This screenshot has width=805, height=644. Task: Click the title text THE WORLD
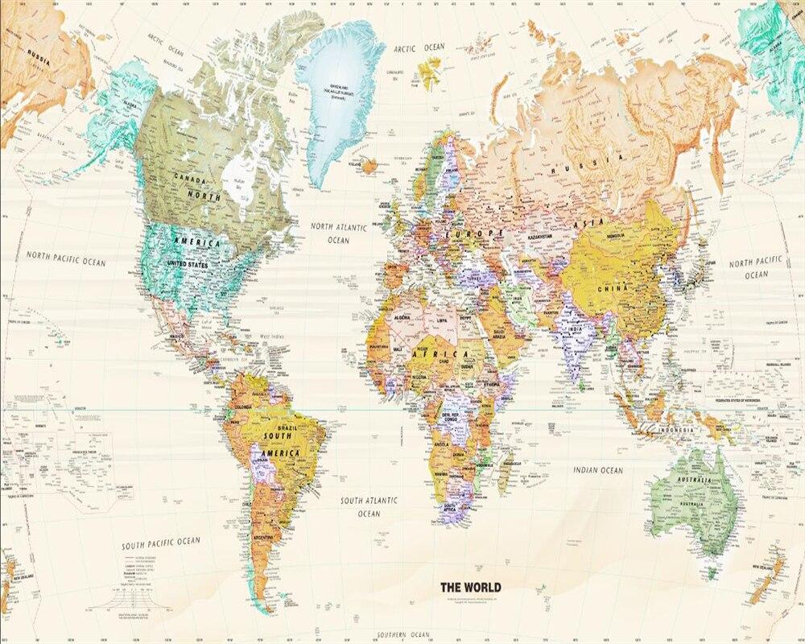pyautogui.click(x=470, y=587)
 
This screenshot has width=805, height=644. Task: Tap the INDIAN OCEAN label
pyautogui.click(x=597, y=470)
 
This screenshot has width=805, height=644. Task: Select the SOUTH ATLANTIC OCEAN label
pyautogui.click(x=369, y=506)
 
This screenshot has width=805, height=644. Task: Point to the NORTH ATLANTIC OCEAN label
pyautogui.click(x=339, y=233)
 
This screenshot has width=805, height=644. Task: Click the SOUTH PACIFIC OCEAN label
pyautogui.click(x=161, y=544)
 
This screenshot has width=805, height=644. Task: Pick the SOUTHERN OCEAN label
pyautogui.click(x=405, y=634)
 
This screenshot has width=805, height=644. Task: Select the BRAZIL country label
pyautogui.click(x=287, y=429)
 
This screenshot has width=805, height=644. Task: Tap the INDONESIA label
pyautogui.click(x=674, y=430)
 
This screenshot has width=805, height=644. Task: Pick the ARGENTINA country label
pyautogui.click(x=263, y=535)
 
